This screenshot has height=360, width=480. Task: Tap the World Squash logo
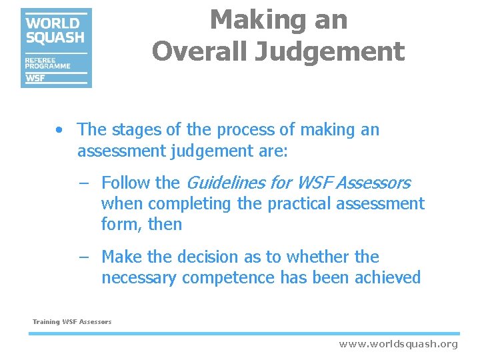pos(56,47)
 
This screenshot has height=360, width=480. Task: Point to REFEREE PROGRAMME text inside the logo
pos(47,63)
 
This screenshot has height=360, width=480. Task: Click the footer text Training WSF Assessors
pos(72,322)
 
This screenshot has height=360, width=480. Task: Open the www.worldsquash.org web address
pos(398,344)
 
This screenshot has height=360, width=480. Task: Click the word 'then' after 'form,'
pos(165,224)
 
